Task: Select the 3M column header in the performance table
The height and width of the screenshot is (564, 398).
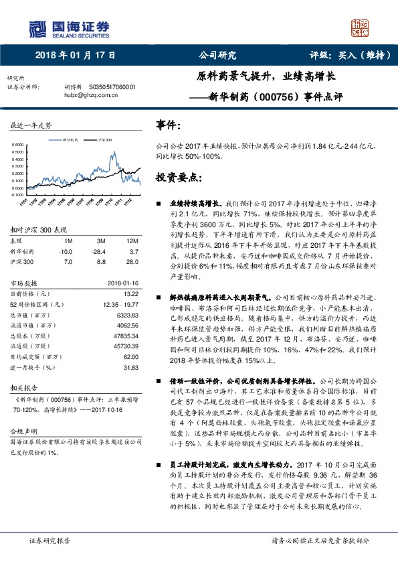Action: coord(102,240)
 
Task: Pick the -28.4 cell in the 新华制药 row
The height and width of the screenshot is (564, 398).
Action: coord(101,250)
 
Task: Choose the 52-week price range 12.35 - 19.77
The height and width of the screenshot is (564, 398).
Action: coord(120,303)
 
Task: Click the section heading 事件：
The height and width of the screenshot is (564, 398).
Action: coord(168,125)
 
